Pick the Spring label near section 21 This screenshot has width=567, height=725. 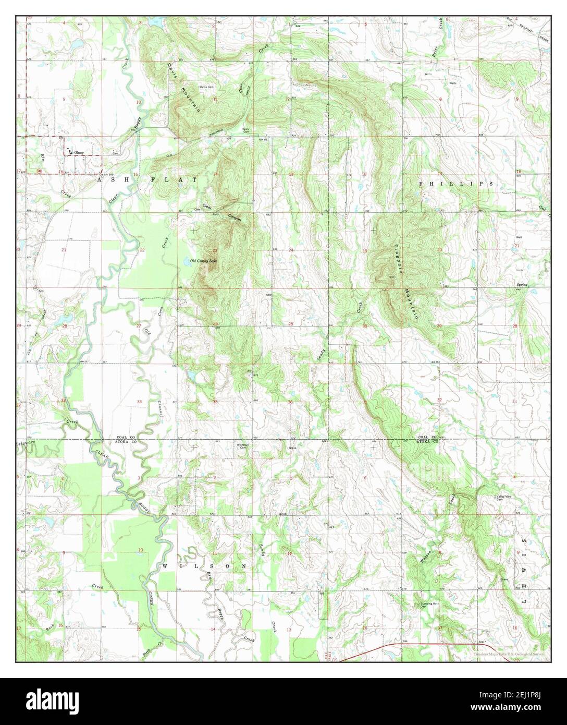(522, 285)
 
